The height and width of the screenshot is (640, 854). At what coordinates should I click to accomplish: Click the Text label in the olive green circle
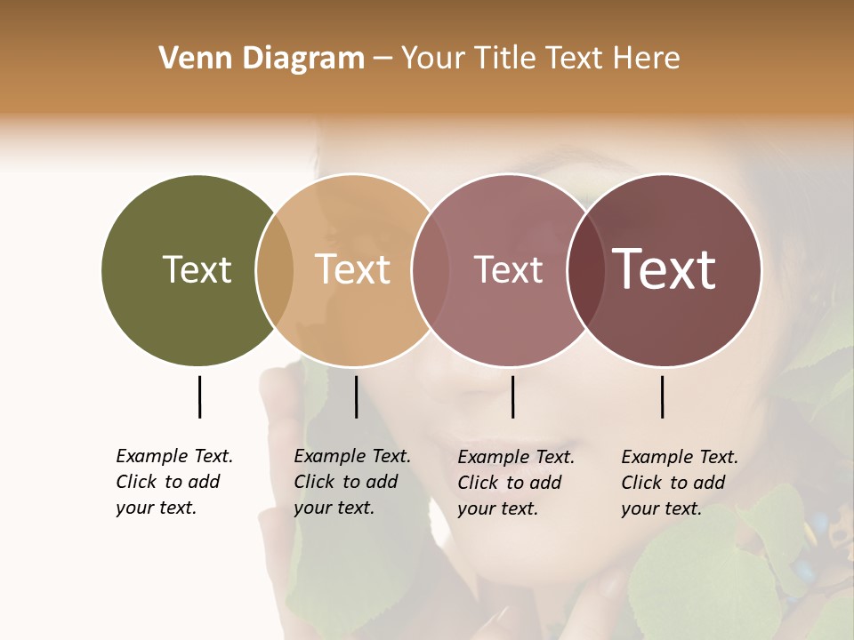[197, 270]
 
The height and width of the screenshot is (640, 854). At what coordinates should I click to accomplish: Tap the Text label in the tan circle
[352, 270]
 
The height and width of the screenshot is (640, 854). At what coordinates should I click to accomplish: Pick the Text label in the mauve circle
[508, 270]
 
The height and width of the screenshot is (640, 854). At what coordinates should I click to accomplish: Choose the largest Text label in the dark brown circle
[664, 269]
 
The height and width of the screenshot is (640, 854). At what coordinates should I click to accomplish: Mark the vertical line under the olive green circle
[199, 396]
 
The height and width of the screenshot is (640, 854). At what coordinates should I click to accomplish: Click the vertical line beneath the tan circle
[356, 396]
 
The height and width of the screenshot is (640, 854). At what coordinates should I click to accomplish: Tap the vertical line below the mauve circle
[512, 396]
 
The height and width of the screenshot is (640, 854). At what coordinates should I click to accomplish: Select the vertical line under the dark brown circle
[662, 396]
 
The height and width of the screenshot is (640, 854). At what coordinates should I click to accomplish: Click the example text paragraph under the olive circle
[173, 482]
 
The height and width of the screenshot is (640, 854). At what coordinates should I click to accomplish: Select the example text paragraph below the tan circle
[351, 482]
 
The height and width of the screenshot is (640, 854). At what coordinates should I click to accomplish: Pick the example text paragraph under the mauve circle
[515, 483]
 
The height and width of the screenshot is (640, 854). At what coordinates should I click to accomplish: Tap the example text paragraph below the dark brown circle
[679, 483]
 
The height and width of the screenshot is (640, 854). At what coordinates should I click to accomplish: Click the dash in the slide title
[383, 60]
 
